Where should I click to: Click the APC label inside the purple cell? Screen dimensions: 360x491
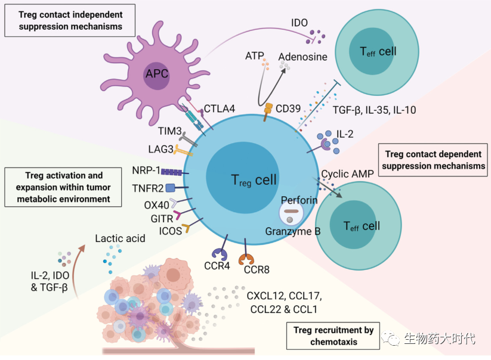pos(157,75)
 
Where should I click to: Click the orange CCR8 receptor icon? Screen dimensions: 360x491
pos(246,259)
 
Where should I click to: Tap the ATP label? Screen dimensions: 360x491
pos(255,56)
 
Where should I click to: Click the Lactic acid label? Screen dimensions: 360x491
pos(120,238)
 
